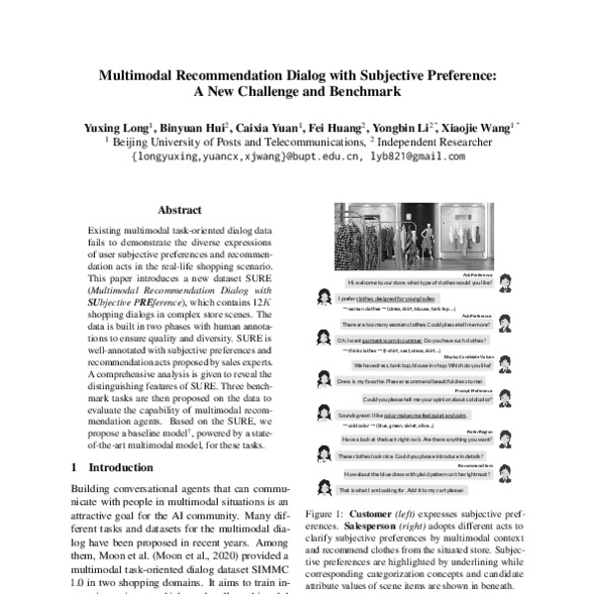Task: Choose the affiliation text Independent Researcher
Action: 433,142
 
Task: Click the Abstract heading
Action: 179,210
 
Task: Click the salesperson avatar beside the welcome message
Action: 504,280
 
